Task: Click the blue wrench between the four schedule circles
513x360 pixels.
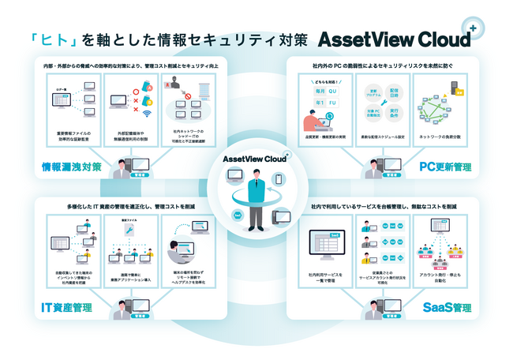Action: click(x=383, y=103)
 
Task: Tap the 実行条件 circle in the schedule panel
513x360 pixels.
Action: click(x=395, y=114)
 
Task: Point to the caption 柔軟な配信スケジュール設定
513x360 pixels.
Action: click(x=383, y=136)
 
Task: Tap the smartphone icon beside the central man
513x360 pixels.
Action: click(x=279, y=180)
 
